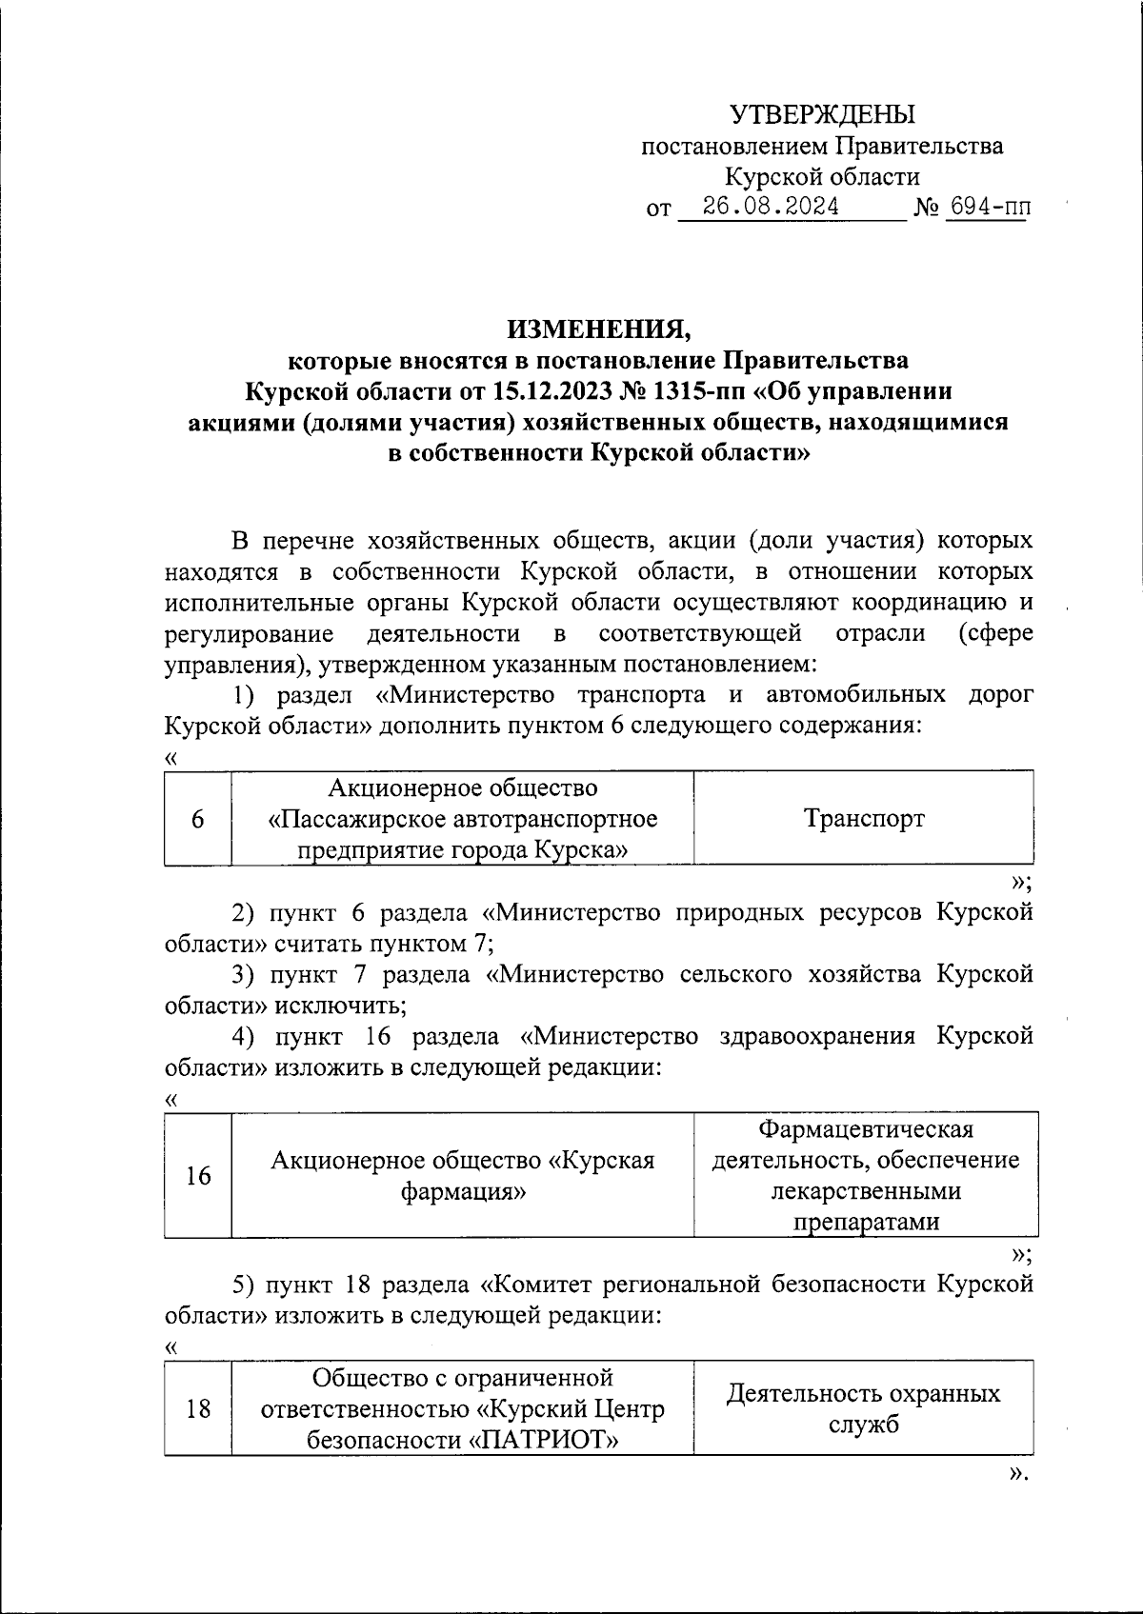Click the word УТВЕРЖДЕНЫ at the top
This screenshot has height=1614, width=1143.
[x=822, y=115]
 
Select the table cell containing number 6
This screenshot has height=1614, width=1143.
[x=197, y=819]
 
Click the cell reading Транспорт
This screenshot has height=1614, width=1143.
[x=863, y=819]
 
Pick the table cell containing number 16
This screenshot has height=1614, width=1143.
[x=197, y=1176]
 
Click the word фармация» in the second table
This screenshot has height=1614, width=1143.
[x=463, y=1191]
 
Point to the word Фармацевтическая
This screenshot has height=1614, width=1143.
[x=866, y=1129]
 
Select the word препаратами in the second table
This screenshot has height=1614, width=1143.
[x=866, y=1222]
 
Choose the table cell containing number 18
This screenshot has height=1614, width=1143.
[x=197, y=1408]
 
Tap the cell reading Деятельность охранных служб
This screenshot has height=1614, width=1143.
[x=863, y=1408]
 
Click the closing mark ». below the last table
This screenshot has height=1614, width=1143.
[x=1018, y=1474]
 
